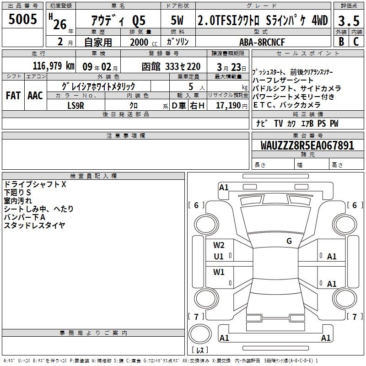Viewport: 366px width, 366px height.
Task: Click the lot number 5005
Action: tap(22, 19)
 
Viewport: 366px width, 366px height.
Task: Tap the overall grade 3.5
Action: tap(349, 21)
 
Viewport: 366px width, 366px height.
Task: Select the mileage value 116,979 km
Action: tap(54, 66)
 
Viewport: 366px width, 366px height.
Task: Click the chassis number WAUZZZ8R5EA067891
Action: tap(307, 145)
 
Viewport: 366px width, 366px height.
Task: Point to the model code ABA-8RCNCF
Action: tap(262, 42)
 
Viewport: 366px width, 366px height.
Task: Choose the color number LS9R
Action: tap(75, 106)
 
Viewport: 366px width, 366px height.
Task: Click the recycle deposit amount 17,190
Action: tap(228, 105)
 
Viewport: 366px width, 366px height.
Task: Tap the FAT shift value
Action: tap(13, 96)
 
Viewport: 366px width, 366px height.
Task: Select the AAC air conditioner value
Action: tap(35, 96)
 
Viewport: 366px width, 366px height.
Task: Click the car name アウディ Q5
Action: tap(118, 21)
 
